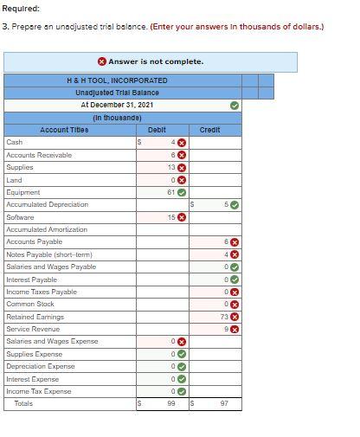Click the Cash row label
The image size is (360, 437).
tap(15, 142)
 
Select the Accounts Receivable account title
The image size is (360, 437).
tap(39, 155)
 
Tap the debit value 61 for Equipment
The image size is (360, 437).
tap(170, 192)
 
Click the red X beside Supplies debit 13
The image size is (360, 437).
tap(182, 167)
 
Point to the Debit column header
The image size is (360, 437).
tap(157, 130)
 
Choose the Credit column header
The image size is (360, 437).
tap(210, 130)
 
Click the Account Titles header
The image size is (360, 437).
tap(64, 130)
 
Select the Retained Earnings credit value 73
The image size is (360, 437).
tap(224, 317)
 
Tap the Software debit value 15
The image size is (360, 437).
tap(170, 217)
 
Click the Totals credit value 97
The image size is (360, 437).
tap(224, 404)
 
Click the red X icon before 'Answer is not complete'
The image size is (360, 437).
tap(102, 61)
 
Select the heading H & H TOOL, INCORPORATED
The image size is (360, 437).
tap(118, 80)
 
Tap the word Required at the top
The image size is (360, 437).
tap(20, 8)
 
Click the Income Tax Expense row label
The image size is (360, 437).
tap(39, 391)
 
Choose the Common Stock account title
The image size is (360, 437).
tap(30, 305)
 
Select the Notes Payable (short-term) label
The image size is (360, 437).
tap(49, 254)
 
